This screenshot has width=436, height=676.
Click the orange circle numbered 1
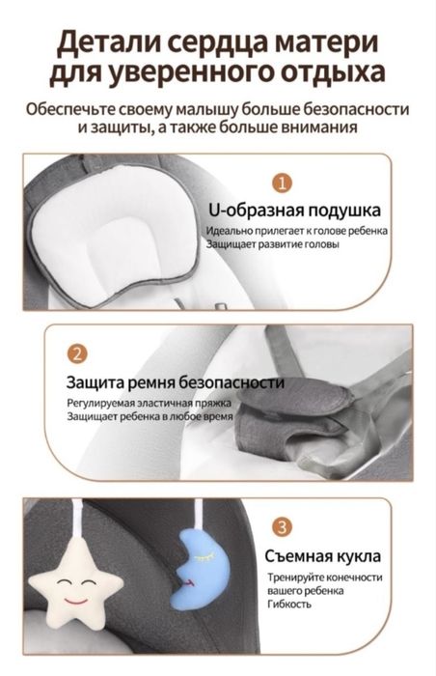(x=282, y=182)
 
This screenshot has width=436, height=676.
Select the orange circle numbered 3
(x=281, y=526)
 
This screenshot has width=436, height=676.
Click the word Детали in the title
(x=104, y=42)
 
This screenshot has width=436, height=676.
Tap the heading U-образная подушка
(x=294, y=210)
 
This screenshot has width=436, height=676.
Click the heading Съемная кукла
(x=322, y=556)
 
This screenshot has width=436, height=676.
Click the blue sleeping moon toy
(x=194, y=573)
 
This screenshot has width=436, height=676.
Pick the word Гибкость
(x=289, y=605)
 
